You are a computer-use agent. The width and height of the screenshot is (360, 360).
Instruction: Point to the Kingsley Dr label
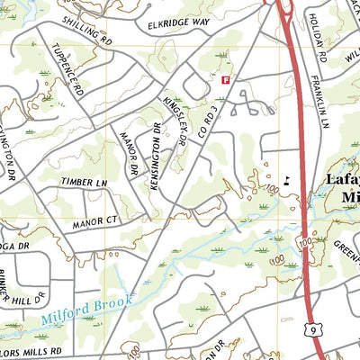[174, 123]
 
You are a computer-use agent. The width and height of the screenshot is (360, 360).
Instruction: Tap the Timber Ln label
[83, 182]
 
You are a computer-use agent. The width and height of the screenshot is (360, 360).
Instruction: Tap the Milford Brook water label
[86, 310]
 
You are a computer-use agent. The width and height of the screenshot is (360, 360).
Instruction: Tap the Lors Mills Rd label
[34, 351]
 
